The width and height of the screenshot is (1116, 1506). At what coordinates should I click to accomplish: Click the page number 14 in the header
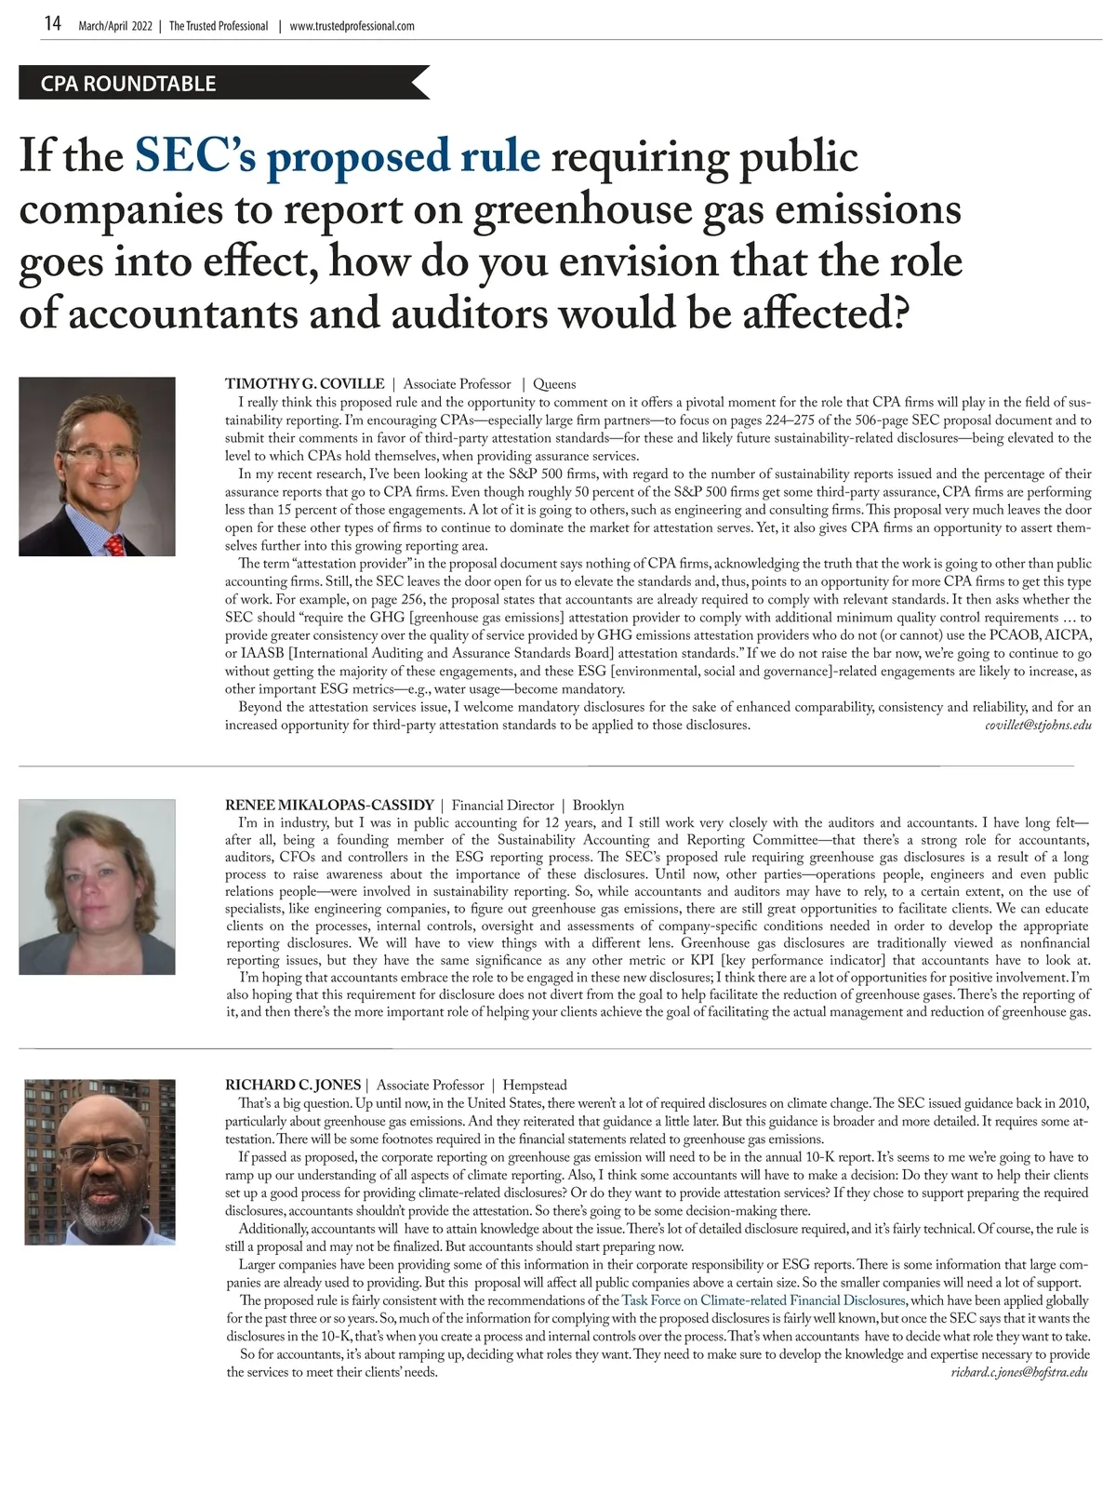pyautogui.click(x=53, y=24)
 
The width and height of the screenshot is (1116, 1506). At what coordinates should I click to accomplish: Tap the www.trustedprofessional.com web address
pyautogui.click(x=352, y=26)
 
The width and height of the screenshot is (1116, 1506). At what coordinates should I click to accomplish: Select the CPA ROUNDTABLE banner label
pyautogui.click(x=128, y=84)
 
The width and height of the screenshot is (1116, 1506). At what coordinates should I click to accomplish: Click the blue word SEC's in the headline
pyautogui.click(x=195, y=156)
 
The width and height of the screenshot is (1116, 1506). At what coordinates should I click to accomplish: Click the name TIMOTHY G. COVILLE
pyautogui.click(x=304, y=384)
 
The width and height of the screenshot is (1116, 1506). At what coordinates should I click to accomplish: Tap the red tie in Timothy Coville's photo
pyautogui.click(x=114, y=543)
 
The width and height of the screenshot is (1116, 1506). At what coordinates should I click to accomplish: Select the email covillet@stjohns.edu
pyautogui.click(x=1038, y=725)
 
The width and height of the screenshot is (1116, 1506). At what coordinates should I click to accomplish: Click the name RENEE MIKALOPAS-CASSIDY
pyautogui.click(x=329, y=806)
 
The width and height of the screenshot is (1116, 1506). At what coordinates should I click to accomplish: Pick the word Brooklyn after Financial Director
pyautogui.click(x=598, y=806)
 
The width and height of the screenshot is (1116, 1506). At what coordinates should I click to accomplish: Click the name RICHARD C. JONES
pyautogui.click(x=293, y=1086)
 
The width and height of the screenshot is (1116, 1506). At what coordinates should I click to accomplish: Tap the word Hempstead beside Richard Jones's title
pyautogui.click(x=535, y=1086)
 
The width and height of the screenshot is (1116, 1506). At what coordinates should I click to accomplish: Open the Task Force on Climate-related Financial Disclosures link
pyautogui.click(x=764, y=1300)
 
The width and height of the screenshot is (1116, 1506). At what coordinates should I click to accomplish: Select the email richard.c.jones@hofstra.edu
pyautogui.click(x=1019, y=1372)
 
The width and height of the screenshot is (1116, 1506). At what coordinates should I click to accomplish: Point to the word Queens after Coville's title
pyautogui.click(x=554, y=384)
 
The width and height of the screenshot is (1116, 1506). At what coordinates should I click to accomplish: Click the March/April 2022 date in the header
pyautogui.click(x=115, y=26)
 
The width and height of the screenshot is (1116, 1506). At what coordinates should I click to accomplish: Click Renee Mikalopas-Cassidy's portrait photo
pyautogui.click(x=97, y=886)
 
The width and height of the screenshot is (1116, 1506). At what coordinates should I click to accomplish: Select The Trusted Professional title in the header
pyautogui.click(x=219, y=26)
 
